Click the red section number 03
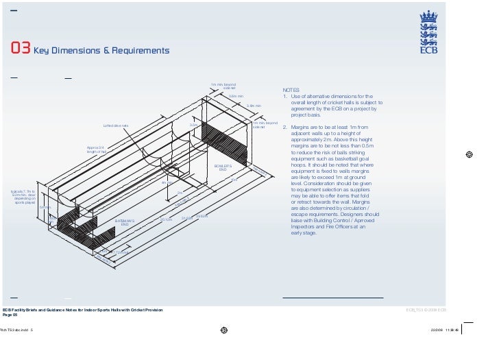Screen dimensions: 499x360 (x=20, y=49)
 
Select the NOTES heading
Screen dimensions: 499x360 (x=291, y=90)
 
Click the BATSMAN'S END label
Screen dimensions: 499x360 (x=125, y=223)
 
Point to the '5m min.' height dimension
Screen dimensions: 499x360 (x=46, y=207)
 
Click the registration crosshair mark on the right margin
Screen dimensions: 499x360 (x=469, y=154)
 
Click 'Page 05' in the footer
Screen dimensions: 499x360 (x=10, y=315)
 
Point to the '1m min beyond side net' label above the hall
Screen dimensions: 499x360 (x=223, y=86)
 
